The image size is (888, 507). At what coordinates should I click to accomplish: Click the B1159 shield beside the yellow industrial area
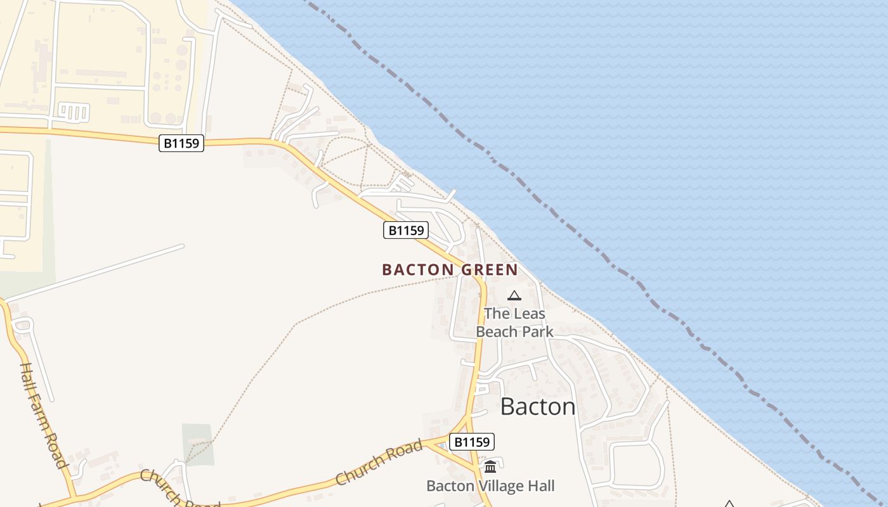(x=181, y=143)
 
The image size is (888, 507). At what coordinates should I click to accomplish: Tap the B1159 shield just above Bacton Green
(x=406, y=230)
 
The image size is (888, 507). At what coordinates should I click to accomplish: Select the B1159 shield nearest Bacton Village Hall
(x=471, y=442)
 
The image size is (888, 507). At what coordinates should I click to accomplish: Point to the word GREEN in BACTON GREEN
(x=489, y=270)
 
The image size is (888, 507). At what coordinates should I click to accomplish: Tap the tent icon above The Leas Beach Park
(x=514, y=295)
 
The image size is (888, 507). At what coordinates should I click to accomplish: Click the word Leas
(x=528, y=313)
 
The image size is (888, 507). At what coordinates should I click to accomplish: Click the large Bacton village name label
(x=538, y=406)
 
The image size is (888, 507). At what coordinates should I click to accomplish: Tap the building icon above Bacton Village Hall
(x=490, y=467)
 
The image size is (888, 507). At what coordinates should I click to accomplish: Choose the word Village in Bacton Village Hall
(x=502, y=486)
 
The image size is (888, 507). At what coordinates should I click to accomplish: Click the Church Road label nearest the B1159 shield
(x=379, y=462)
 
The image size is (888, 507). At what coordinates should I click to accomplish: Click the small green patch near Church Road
(x=197, y=444)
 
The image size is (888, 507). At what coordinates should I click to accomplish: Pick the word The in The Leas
(x=496, y=313)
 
